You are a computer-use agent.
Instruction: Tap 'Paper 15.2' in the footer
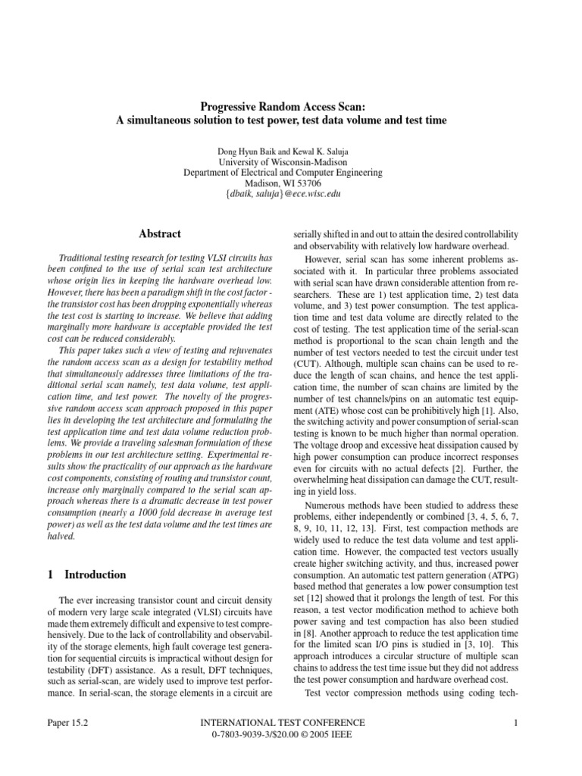click(67, 723)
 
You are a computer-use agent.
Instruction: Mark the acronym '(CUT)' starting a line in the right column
click(307, 362)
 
